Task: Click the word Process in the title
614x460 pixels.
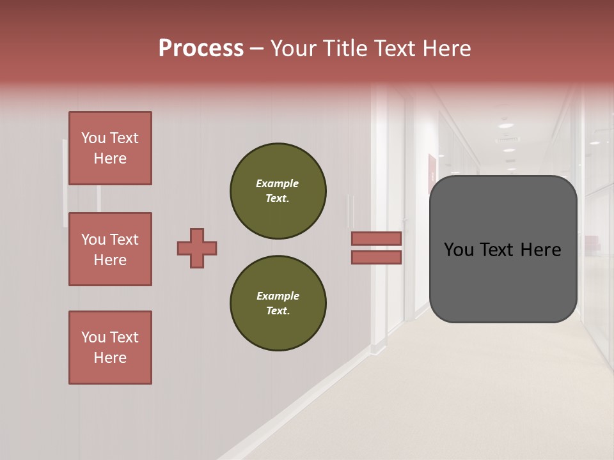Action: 201,49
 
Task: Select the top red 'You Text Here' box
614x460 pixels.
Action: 110,148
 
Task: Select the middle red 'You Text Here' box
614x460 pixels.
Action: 110,249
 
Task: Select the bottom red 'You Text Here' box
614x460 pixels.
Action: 110,348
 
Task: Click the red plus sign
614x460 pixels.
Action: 197,248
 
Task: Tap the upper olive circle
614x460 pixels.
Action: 278,191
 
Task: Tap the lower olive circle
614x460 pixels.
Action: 278,303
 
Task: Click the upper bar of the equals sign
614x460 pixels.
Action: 376,238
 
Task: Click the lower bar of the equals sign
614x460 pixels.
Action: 376,257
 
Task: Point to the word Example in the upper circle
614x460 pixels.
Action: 277,183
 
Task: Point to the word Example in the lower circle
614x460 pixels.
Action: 278,296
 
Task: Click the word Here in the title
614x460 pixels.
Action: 448,49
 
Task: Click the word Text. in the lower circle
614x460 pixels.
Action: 278,311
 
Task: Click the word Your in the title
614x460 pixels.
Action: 293,49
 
